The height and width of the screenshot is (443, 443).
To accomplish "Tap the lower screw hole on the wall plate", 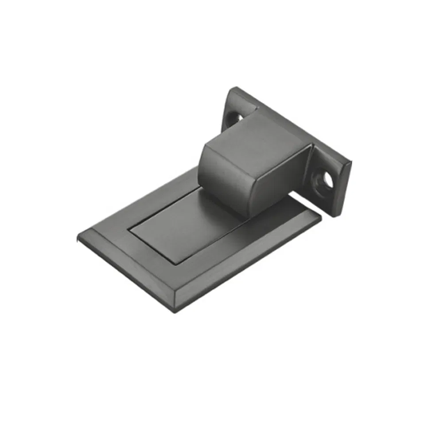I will [x=327, y=179].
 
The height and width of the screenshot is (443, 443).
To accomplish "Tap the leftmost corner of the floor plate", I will [x=78, y=238].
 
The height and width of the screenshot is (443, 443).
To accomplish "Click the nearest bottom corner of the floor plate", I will [x=175, y=311].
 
